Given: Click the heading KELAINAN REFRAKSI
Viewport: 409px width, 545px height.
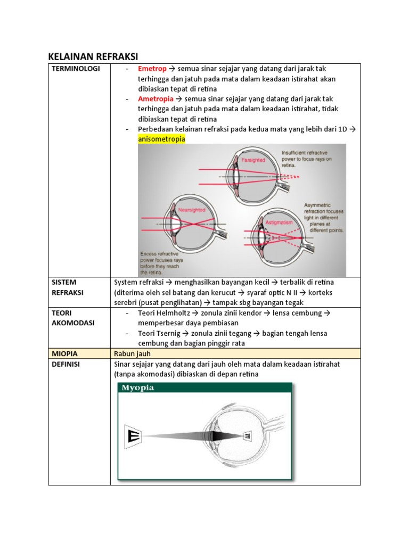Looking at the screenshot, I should click(x=93, y=56).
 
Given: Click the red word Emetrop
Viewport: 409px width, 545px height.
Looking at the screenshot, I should click(x=152, y=69).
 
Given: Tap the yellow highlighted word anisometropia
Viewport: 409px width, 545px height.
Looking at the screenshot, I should click(x=161, y=139).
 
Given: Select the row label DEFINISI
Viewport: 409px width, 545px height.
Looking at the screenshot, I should click(x=68, y=364).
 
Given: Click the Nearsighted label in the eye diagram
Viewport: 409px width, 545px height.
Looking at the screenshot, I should click(x=192, y=210).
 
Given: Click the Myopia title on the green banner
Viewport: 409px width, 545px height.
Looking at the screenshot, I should click(x=138, y=387).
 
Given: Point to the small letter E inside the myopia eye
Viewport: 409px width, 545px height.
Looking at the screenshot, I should click(x=248, y=436).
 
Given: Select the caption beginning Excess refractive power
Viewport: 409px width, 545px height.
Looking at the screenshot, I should click(x=162, y=262).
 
